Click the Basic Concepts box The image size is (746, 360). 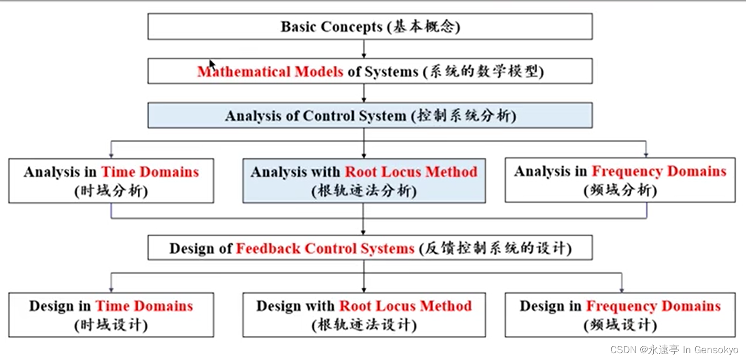tap(370, 27)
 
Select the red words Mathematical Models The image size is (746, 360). tap(270, 71)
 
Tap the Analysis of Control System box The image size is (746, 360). tap(370, 115)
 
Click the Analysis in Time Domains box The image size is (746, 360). tap(111, 181)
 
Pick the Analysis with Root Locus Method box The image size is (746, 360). tap(364, 181)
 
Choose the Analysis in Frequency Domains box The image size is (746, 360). tap(620, 180)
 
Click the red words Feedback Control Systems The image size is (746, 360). tap(325, 248)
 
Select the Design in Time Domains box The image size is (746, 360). tap(111, 315)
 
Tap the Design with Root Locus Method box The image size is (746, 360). tap(364, 315)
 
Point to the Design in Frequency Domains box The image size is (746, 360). tap(620, 315)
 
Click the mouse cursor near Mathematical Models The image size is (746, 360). tap(212, 64)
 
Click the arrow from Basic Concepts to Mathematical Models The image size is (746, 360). tap(364, 49)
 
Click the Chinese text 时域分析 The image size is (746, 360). tap(111, 191)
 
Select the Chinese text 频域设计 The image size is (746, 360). tap(620, 325)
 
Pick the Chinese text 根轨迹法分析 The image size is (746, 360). tap(364, 191)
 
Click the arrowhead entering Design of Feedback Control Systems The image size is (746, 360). tap(363, 232)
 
